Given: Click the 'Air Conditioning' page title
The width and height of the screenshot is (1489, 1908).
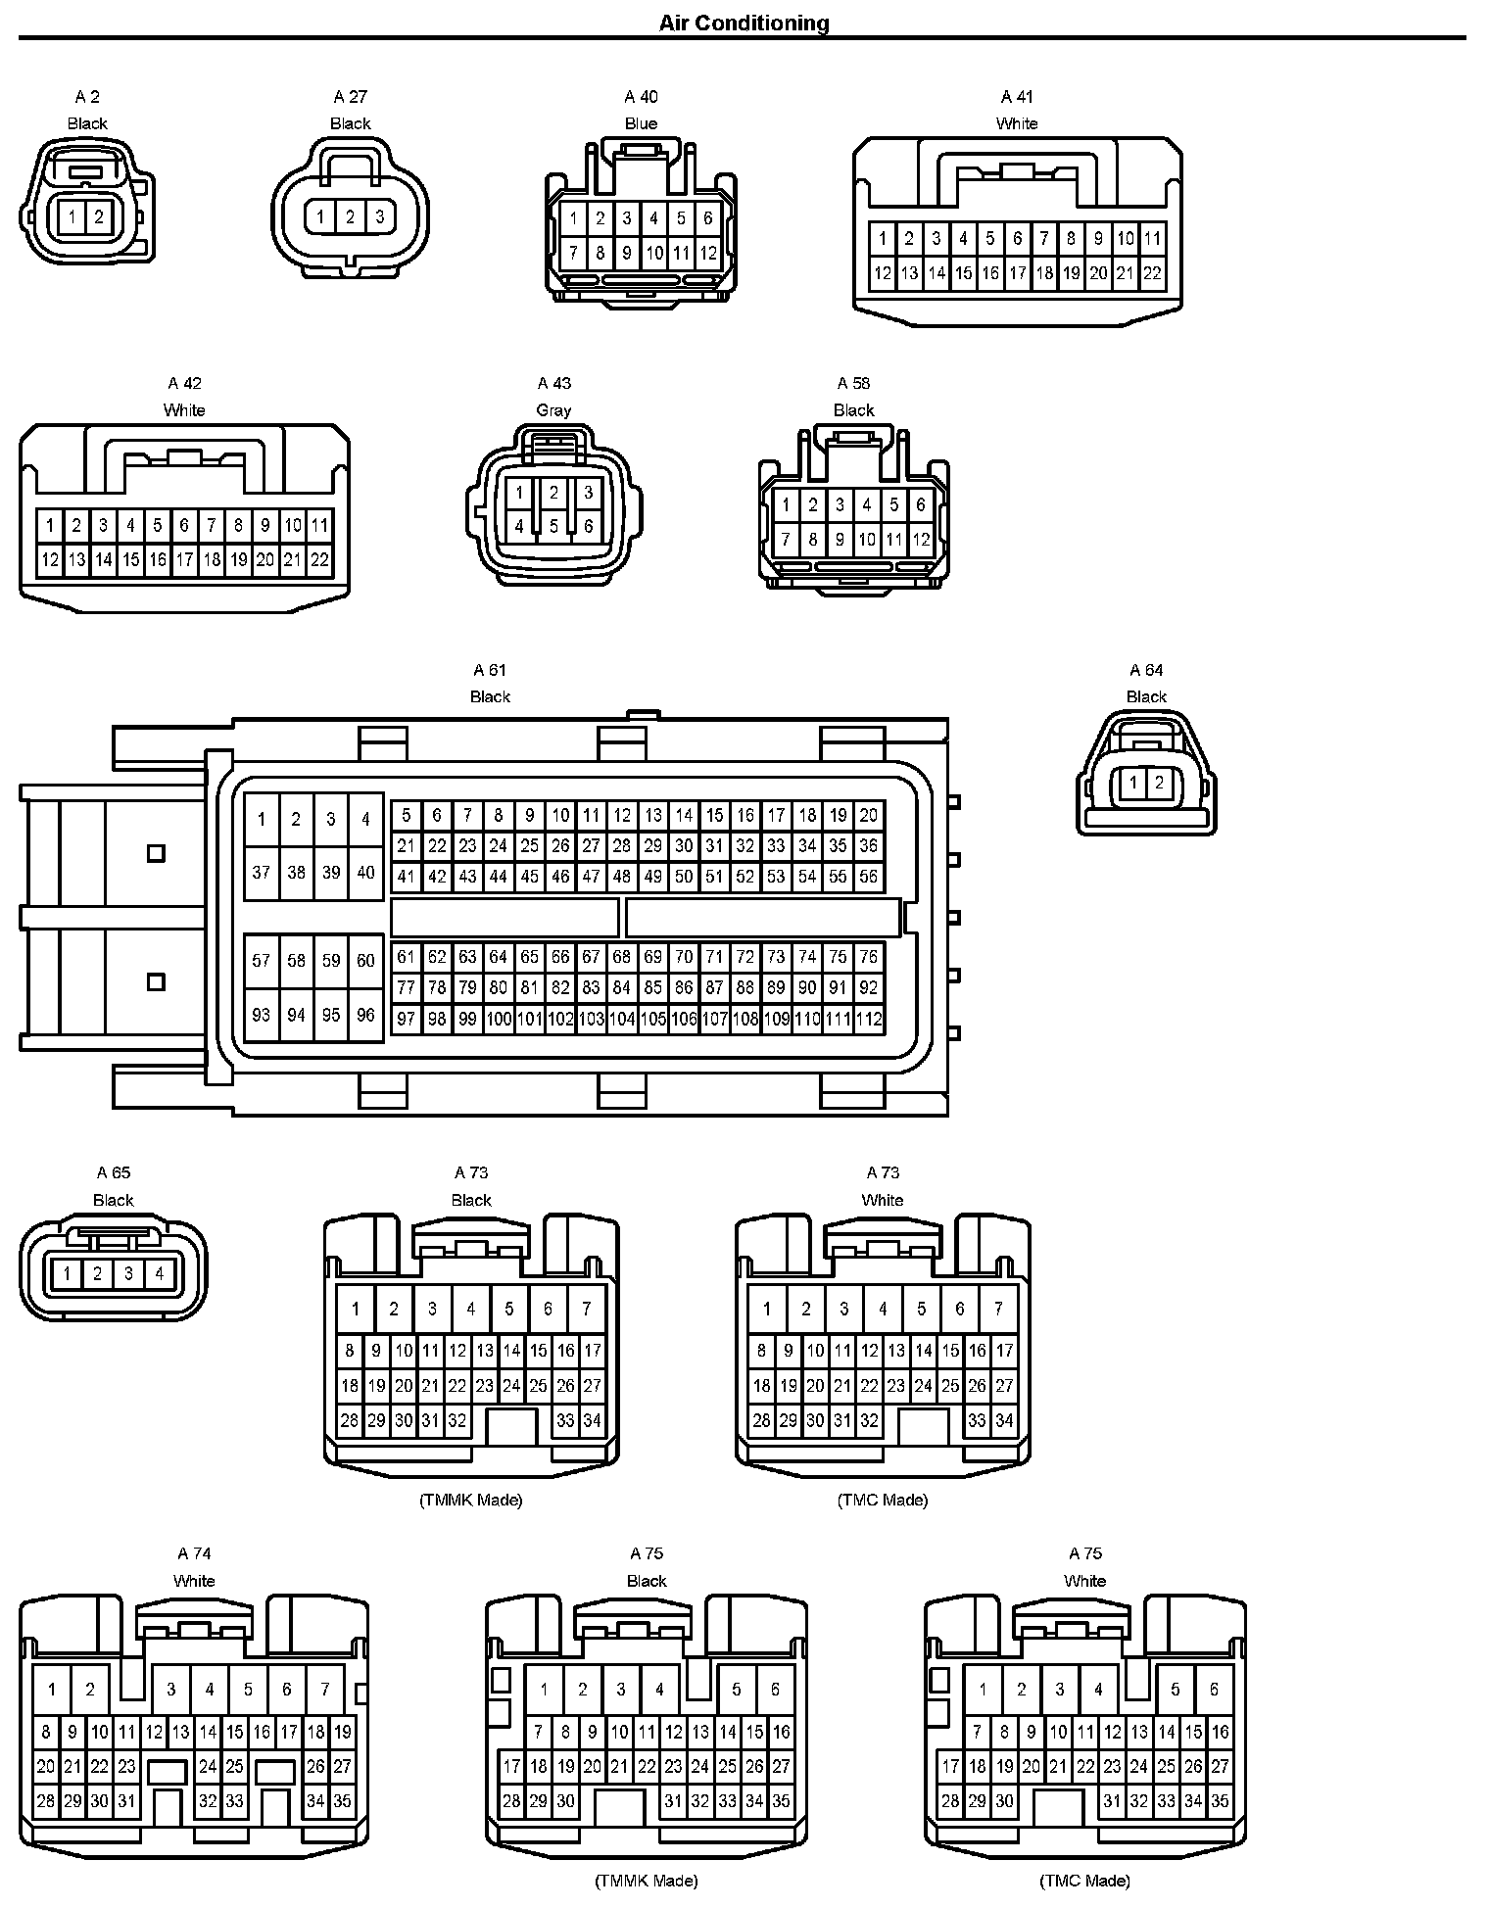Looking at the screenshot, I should (744, 23).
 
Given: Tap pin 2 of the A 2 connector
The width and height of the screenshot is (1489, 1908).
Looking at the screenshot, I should (99, 216).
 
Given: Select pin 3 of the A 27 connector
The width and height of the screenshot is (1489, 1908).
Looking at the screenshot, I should (380, 216).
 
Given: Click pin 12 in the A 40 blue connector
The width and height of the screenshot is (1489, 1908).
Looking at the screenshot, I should (708, 254).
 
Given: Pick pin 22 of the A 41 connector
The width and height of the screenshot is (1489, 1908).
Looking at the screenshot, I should (1152, 273).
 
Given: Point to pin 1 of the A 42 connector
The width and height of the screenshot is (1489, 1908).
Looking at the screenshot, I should (49, 525).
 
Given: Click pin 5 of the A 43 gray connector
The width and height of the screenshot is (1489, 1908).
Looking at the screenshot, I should (553, 526).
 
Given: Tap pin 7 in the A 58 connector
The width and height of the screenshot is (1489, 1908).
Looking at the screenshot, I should (785, 539).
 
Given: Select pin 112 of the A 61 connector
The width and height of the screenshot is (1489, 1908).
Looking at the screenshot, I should (868, 1019).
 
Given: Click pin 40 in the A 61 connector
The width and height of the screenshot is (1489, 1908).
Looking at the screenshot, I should (365, 872).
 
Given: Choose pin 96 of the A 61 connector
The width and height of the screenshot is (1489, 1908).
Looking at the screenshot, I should (365, 1015).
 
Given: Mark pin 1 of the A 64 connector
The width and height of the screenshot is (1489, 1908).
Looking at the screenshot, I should (1133, 782).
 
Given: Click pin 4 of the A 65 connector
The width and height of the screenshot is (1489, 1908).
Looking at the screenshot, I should (159, 1273).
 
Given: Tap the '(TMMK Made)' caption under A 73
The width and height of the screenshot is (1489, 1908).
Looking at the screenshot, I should (470, 1500).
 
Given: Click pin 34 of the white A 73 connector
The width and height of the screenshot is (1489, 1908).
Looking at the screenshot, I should (1004, 1420).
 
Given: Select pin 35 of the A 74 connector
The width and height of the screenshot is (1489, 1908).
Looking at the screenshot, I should (342, 1800).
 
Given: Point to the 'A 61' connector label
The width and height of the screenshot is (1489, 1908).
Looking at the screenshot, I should (490, 670).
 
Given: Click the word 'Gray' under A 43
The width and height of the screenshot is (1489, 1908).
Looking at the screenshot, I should (553, 409).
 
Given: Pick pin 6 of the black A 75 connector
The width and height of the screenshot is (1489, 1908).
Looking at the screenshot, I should (775, 1689).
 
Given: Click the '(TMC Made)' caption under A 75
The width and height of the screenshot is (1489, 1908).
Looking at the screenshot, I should (1084, 1880).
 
